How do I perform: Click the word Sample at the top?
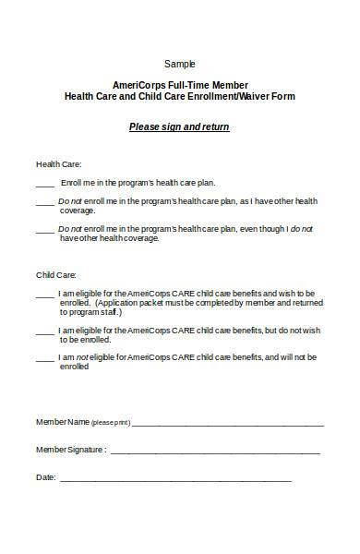[x=180, y=64]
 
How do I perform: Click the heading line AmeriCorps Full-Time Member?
[x=180, y=84]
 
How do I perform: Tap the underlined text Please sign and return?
[x=179, y=126]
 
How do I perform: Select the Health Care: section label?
[x=54, y=163]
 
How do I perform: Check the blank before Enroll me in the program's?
[x=43, y=184]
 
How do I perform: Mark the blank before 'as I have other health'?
[x=43, y=201]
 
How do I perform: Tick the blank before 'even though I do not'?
[x=43, y=228]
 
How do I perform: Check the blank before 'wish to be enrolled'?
[x=43, y=295]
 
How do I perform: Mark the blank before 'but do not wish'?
[x=43, y=331]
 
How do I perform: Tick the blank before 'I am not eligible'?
[x=43, y=357]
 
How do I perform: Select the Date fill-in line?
[x=175, y=479]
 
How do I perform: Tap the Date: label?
[x=45, y=477]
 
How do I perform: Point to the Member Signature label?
[x=70, y=450]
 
